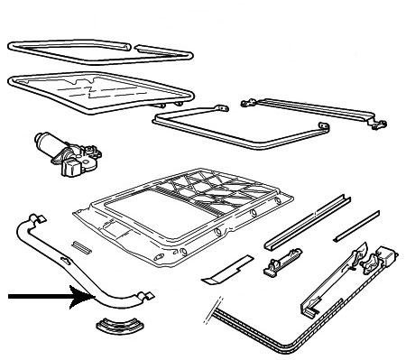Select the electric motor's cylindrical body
tap(47, 143)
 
